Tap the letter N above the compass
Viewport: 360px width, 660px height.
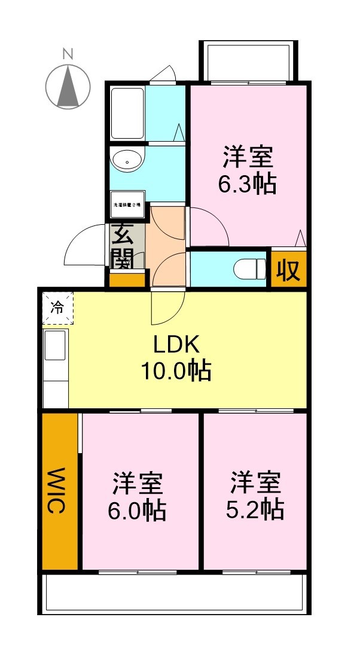(68, 54)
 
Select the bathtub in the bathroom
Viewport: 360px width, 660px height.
(127, 113)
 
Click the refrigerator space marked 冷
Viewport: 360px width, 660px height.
(57, 308)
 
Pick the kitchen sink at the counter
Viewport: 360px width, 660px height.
(55, 347)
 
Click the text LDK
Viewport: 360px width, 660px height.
(175, 345)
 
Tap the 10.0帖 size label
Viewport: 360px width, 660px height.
(175, 371)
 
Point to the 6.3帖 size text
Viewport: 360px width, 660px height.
(248, 184)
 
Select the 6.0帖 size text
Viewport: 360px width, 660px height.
(138, 511)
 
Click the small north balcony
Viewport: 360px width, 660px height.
(248, 61)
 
